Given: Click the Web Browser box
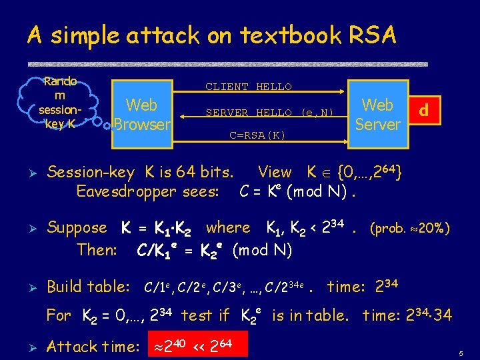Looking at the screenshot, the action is [141, 114].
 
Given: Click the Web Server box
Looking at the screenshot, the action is [377, 114].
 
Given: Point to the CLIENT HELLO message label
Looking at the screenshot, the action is [249, 87].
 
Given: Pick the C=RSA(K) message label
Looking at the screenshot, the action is [257, 135].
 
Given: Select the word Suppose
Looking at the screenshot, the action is [77, 228].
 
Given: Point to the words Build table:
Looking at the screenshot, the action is [88, 287].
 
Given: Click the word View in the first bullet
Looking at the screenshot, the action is [275, 173].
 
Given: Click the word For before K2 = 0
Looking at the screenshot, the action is [58, 315].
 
